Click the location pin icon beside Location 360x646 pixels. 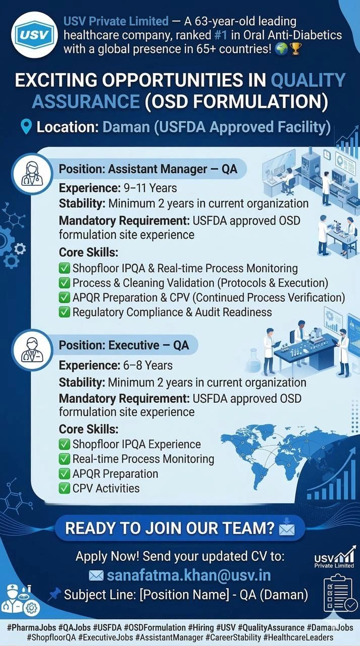coord(26,126)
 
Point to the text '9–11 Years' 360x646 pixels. coord(150,188)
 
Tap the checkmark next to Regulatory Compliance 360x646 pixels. coord(65,312)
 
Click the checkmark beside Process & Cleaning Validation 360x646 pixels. coord(65,283)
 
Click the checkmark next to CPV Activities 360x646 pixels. coord(65,488)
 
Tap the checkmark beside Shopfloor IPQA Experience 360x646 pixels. coord(65,445)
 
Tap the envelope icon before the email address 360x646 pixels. coord(96,575)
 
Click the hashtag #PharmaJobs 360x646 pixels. coord(31,627)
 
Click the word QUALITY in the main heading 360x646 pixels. coord(308,81)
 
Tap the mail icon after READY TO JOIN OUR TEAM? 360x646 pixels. coord(286,528)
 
